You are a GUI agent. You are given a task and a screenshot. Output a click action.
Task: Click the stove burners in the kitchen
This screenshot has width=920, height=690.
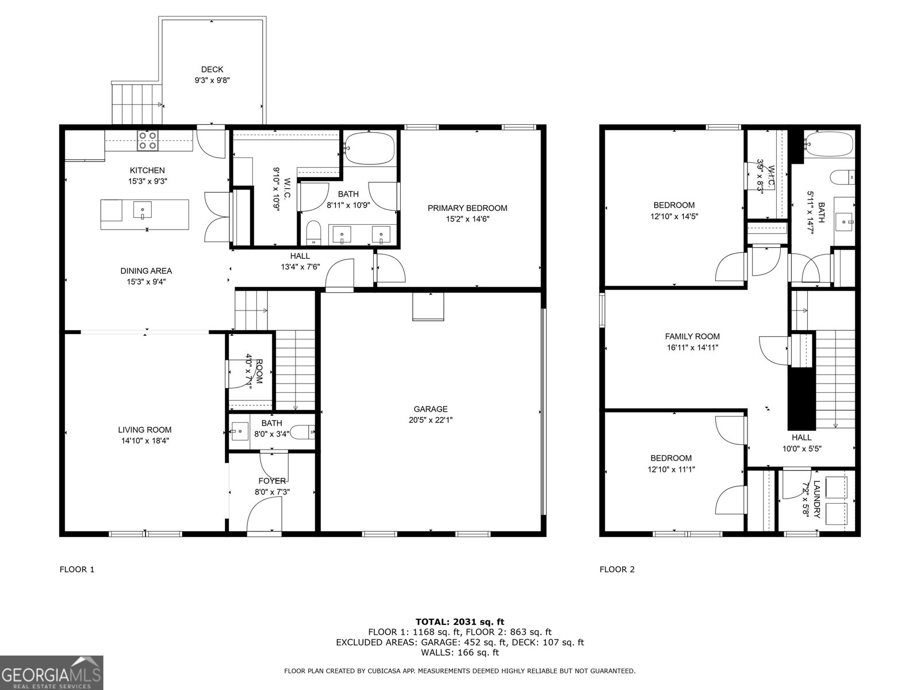click(x=148, y=141)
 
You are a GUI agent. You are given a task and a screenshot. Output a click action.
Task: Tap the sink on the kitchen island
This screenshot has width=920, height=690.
click(x=142, y=210)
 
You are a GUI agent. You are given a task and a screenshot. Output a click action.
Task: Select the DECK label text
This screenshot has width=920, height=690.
click(x=212, y=70)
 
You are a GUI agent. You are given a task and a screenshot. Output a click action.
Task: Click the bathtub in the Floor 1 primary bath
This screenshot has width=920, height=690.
click(x=370, y=147)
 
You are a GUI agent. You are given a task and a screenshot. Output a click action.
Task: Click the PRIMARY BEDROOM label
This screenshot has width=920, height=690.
click(x=467, y=208)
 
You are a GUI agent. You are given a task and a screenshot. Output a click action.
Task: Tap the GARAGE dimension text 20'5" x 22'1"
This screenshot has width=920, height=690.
click(x=431, y=420)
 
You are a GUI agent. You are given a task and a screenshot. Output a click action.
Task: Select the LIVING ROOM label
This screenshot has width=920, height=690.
click(x=144, y=430)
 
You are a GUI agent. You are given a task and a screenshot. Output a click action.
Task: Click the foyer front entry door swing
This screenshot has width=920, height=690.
click(x=264, y=515)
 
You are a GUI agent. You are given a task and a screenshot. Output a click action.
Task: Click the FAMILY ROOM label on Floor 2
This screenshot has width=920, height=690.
click(x=692, y=336)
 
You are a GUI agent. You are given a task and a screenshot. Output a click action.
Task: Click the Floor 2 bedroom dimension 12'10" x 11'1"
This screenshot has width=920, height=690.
click(x=671, y=469)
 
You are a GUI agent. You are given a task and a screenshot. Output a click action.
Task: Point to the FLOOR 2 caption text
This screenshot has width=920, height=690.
click(x=617, y=570)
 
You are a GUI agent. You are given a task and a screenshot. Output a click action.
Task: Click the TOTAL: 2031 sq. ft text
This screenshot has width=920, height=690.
click(x=459, y=622)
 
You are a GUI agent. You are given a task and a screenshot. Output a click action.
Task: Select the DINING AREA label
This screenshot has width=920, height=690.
click(x=145, y=271)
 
